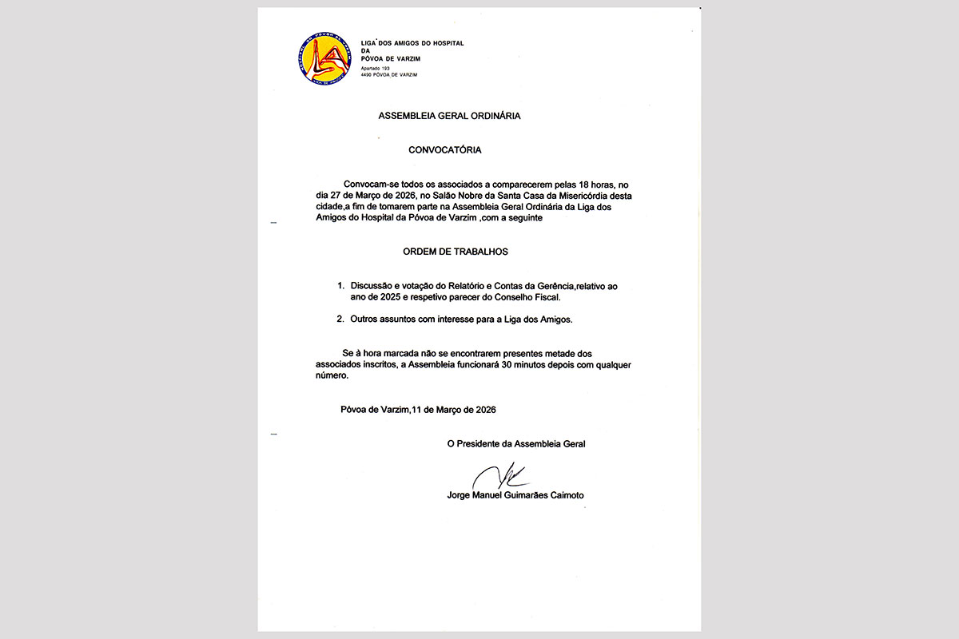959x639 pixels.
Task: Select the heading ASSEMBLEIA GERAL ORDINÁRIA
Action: (449, 116)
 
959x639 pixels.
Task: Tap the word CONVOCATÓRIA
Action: (445, 149)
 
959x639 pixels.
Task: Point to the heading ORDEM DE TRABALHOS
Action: (456, 252)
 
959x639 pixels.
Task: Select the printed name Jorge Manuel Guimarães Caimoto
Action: (515, 495)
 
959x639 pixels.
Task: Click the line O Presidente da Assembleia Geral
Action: (516, 443)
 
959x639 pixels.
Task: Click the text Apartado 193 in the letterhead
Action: (376, 69)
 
